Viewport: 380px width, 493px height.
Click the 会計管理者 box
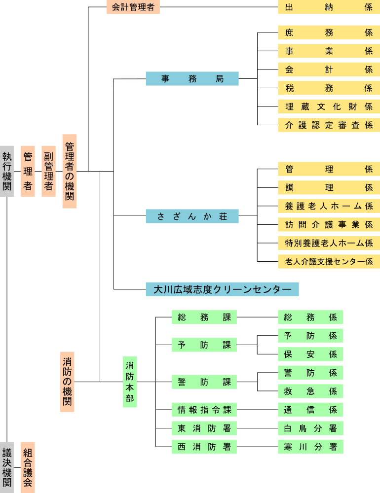pyautogui.click(x=133, y=7)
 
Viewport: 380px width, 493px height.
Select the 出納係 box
pyautogui.click(x=329, y=7)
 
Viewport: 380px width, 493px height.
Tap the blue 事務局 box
pyautogui.click(x=192, y=78)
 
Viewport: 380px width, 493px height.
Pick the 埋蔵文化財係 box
pyautogui.click(x=329, y=106)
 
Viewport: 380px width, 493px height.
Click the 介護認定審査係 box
pyautogui.click(x=329, y=125)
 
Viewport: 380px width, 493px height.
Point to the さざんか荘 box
pyautogui.click(x=192, y=216)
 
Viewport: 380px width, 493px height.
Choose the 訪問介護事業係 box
pyautogui.click(x=329, y=224)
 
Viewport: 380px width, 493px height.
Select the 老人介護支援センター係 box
pyautogui.click(x=329, y=262)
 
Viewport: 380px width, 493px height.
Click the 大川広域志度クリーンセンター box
pyautogui.click(x=222, y=289)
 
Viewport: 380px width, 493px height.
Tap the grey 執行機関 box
pyautogui.click(x=7, y=171)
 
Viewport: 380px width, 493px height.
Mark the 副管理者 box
pyautogui.click(x=48, y=171)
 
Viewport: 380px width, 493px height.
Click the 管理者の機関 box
pyautogui.click(x=69, y=171)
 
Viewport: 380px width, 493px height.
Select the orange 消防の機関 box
pyautogui.click(x=67, y=382)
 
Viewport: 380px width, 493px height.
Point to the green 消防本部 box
pyautogui.click(x=129, y=382)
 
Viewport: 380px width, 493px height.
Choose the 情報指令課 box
pyautogui.click(x=204, y=410)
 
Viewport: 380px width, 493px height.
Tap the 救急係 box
pyautogui.click(x=310, y=391)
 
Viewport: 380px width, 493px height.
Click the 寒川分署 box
pyautogui.click(x=310, y=447)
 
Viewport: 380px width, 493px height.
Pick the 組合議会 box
pyautogui.click(x=28, y=467)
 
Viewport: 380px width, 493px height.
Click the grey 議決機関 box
pyautogui.click(x=7, y=467)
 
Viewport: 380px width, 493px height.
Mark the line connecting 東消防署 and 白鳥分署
pyautogui.click(x=257, y=428)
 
